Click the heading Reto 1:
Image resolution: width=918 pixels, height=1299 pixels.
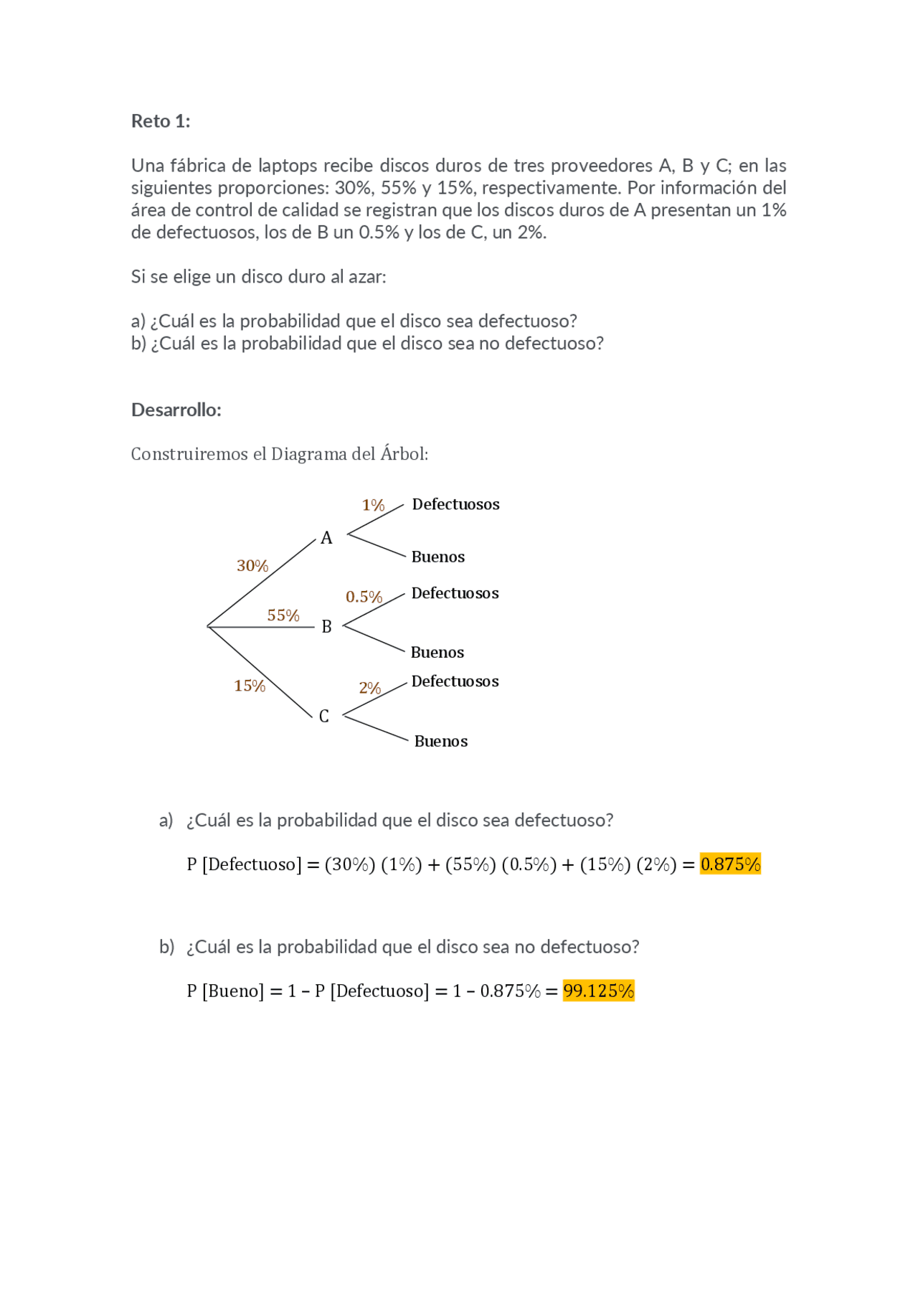click(x=161, y=121)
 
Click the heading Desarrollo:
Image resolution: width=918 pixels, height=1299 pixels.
click(x=176, y=410)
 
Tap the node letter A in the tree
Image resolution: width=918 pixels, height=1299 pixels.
click(x=326, y=538)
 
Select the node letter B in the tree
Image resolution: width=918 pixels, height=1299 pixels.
click(x=326, y=627)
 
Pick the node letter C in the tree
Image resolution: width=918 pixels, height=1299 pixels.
click(x=324, y=717)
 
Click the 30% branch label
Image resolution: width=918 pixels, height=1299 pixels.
click(x=252, y=566)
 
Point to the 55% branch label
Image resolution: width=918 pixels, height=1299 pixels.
click(x=283, y=615)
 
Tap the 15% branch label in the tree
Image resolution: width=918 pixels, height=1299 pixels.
click(x=250, y=686)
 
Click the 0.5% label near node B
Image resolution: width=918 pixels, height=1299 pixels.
click(x=364, y=597)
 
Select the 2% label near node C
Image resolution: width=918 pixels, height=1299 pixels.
click(x=370, y=689)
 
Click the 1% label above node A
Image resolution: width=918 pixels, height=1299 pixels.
click(x=373, y=506)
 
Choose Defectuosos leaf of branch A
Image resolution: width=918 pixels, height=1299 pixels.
click(x=455, y=504)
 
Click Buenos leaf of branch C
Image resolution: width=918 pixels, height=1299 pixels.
click(x=440, y=742)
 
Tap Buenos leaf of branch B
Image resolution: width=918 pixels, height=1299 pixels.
click(x=437, y=653)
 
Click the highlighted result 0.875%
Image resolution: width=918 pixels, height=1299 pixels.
click(x=730, y=864)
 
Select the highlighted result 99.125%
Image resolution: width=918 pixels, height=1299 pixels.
click(x=598, y=991)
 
